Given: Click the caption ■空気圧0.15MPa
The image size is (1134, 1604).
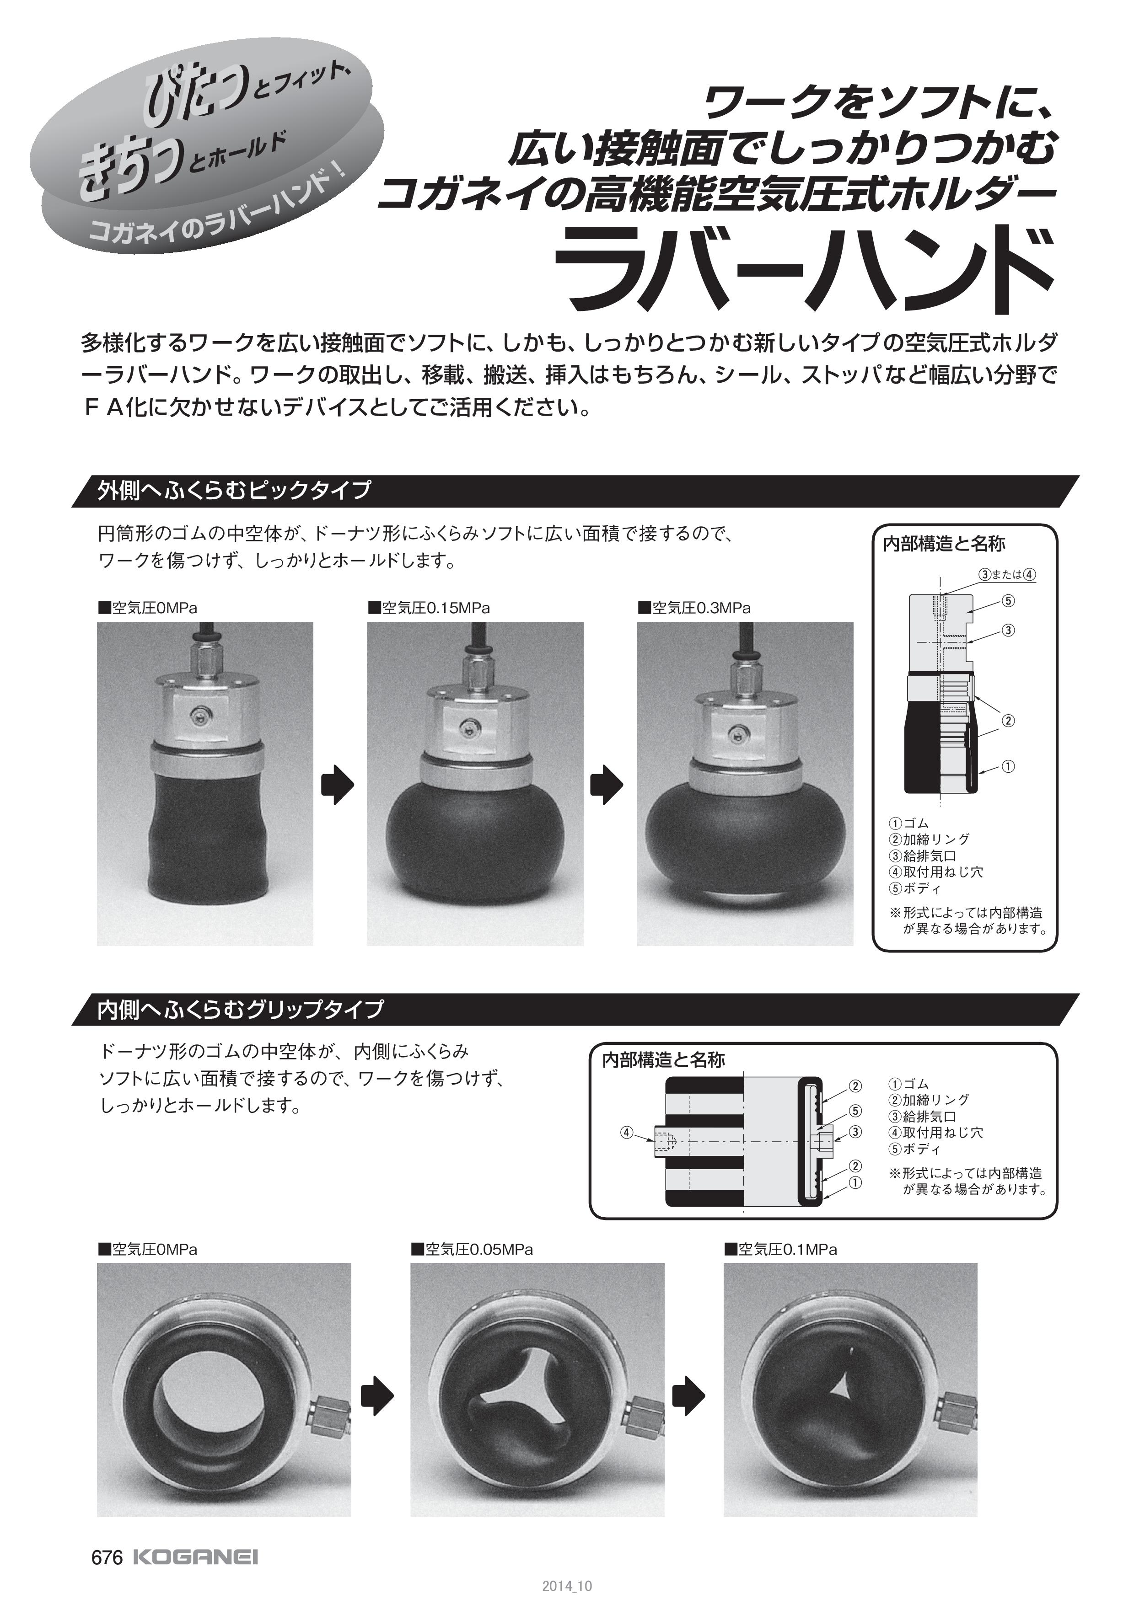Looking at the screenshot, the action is pyautogui.click(x=429, y=608).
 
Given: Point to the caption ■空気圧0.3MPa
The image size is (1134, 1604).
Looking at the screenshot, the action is pyautogui.click(x=694, y=608).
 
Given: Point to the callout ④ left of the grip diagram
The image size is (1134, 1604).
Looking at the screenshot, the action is pyautogui.click(x=627, y=1133).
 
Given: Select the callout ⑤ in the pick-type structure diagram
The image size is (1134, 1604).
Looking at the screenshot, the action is pyautogui.click(x=1008, y=600).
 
